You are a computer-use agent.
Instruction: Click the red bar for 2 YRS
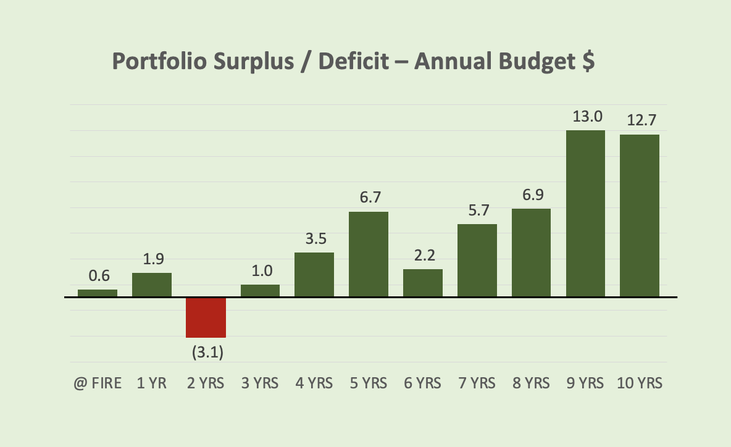pyautogui.click(x=206, y=317)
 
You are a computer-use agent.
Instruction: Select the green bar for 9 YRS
pyautogui.click(x=585, y=214)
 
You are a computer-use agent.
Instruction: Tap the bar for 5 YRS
pyautogui.click(x=369, y=254)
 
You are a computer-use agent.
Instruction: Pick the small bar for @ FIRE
pyautogui.click(x=98, y=293)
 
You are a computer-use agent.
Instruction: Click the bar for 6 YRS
pyautogui.click(x=423, y=283)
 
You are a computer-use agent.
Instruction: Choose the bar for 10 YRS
pyautogui.click(x=640, y=215)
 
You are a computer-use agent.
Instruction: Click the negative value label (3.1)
pyautogui.click(x=206, y=353)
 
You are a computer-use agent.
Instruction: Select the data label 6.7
pyautogui.click(x=369, y=198)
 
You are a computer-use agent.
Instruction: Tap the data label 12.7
pyautogui.click(x=640, y=121)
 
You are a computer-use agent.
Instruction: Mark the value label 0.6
pyautogui.click(x=98, y=275)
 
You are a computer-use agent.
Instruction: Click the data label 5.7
pyautogui.click(x=477, y=210)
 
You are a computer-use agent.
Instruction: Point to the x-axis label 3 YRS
pyautogui.click(x=260, y=383)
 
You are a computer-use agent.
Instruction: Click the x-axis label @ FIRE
pyautogui.click(x=98, y=383)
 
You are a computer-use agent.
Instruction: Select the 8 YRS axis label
pyautogui.click(x=532, y=383)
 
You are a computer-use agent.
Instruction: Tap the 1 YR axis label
pyautogui.click(x=151, y=383)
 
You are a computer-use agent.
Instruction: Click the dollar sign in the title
pyautogui.click(x=587, y=62)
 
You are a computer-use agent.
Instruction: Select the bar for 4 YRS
pyautogui.click(x=314, y=275)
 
